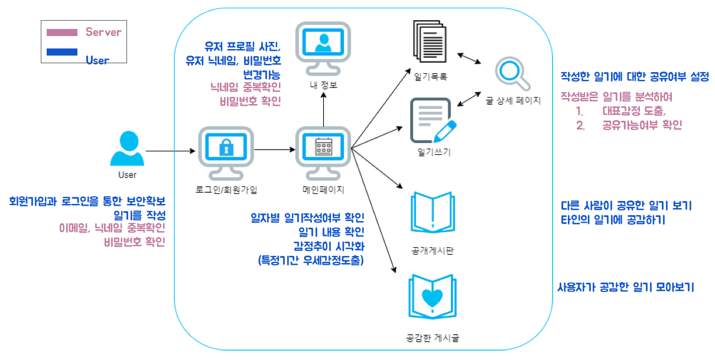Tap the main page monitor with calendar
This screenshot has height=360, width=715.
coord(323,153)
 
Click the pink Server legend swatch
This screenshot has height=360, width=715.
coord(61,32)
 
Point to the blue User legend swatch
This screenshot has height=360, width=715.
coord(61,52)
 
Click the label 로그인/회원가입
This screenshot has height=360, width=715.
coord(226,190)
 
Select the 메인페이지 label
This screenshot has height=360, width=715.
coord(323,190)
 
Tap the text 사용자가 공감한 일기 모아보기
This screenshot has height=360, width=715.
coord(625,287)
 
